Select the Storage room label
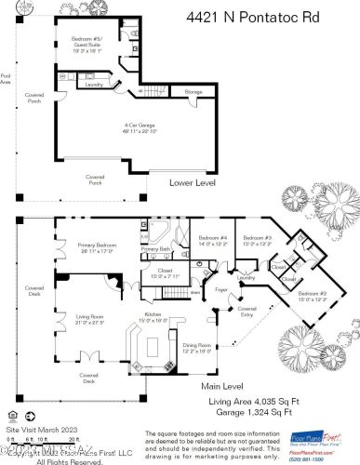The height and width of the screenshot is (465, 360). tap(193, 92)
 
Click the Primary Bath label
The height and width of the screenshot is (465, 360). tap(154, 249)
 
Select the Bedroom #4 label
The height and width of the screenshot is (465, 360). tap(211, 242)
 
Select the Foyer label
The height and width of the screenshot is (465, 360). tap(221, 290)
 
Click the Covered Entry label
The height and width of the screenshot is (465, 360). tap(247, 311)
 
